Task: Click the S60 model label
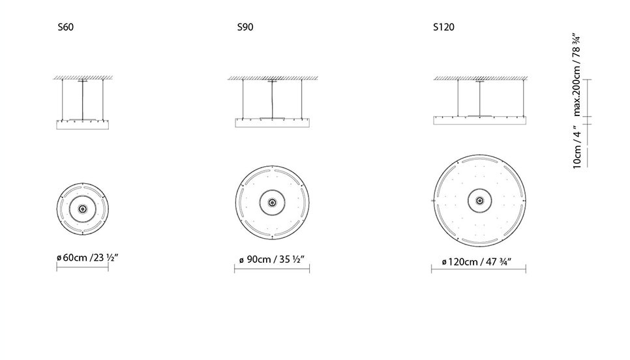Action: (x=65, y=27)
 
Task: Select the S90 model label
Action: (x=245, y=27)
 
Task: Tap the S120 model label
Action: (x=443, y=27)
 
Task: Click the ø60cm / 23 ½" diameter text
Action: (x=87, y=258)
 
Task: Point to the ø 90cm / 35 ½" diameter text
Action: (x=271, y=260)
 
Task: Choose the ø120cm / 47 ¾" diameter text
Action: (x=477, y=262)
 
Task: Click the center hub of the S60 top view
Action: (x=82, y=209)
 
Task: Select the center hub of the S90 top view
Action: (x=273, y=202)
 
